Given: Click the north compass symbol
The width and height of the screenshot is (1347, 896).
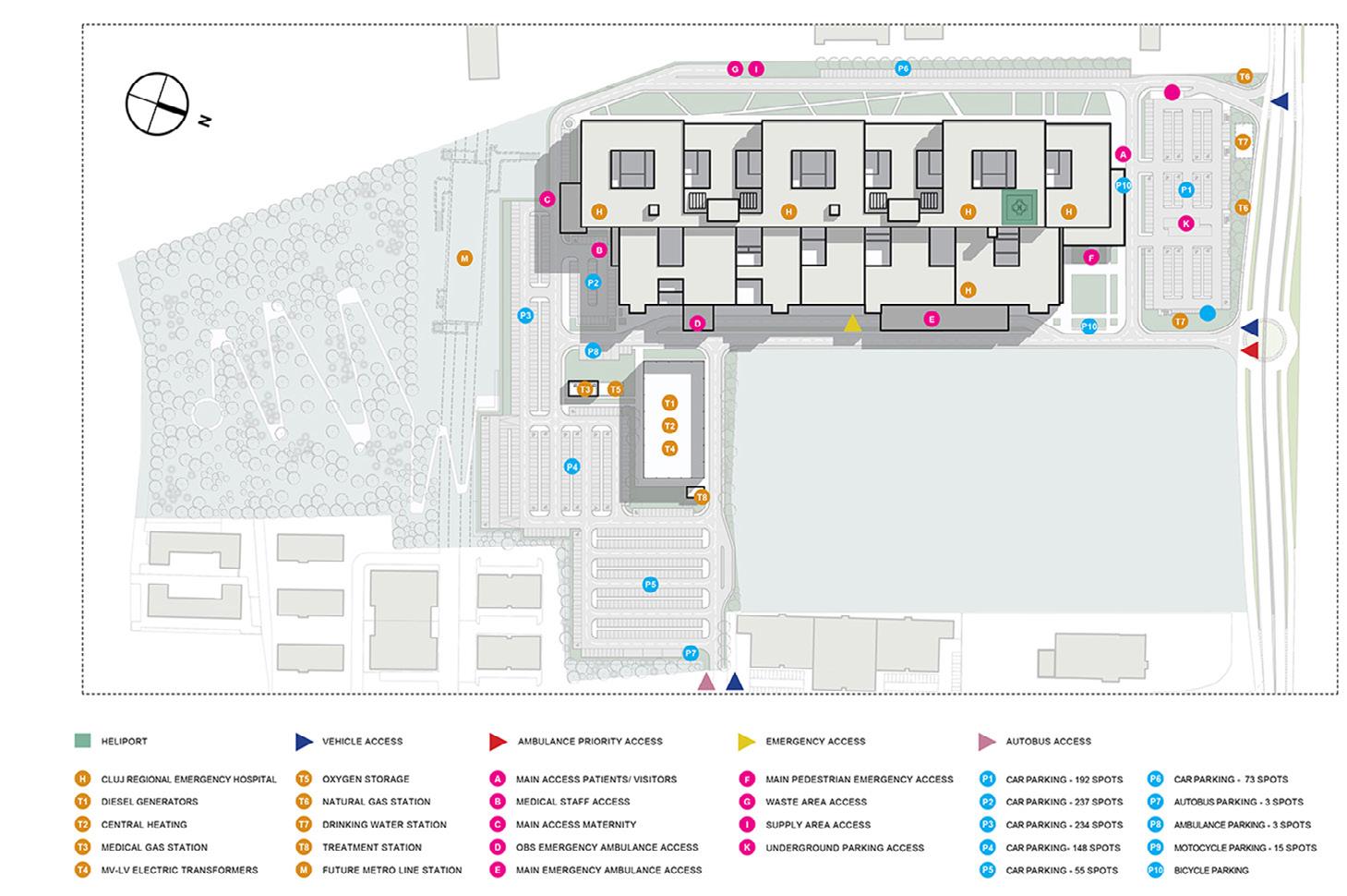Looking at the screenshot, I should tap(158, 103).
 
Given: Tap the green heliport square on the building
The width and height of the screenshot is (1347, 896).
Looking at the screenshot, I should tap(1020, 206).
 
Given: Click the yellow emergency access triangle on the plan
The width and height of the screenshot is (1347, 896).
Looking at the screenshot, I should tap(852, 323).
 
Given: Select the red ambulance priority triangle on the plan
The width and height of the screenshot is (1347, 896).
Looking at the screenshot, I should tap(1249, 350).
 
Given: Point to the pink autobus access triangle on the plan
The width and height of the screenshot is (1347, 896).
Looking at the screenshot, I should tap(706, 683).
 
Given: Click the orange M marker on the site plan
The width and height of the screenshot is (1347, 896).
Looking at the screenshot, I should tap(465, 259).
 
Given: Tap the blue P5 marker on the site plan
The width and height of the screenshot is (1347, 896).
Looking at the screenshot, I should tap(651, 585).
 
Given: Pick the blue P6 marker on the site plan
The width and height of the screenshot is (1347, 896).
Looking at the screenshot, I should tap(903, 68).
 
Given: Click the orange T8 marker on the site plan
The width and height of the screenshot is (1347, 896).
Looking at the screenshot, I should tap(702, 498).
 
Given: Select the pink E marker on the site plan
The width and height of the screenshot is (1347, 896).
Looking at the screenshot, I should tap(932, 320).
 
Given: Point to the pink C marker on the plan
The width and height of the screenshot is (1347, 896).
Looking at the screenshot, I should tap(547, 199).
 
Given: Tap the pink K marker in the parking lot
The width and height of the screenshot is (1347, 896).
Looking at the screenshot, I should tap(1186, 224).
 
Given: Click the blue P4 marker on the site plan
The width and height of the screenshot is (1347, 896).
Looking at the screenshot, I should tap(572, 466).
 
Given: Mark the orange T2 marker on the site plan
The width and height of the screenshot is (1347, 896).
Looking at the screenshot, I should tap(670, 426).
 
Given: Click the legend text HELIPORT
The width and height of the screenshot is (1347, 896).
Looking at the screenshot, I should tap(124, 741).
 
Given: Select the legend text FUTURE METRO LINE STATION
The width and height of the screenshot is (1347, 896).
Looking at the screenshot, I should tap(392, 870).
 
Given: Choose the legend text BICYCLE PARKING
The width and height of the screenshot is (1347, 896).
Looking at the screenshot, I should tap(1211, 870).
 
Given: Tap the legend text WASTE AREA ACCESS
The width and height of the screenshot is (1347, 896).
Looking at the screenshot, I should tap(816, 802).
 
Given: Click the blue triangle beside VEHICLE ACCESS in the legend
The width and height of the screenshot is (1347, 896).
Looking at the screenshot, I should tap(304, 741).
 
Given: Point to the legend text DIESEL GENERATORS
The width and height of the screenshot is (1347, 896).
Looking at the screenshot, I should tap(150, 802).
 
